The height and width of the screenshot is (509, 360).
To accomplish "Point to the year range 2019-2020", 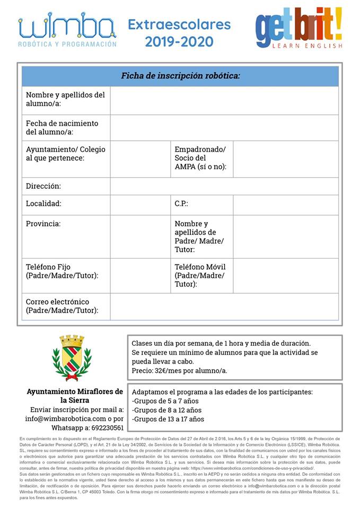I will (x=179, y=41).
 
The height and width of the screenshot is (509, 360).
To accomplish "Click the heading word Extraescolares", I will (x=179, y=24).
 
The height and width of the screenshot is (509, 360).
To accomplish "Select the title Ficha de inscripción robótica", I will (x=180, y=76).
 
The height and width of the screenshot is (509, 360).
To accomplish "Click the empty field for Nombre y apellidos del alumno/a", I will (x=224, y=100).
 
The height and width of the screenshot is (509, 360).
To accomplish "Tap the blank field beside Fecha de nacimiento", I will (x=224, y=128).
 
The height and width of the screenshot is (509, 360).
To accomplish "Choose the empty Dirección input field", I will (x=224, y=186).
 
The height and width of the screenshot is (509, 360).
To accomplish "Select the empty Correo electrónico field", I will (x=224, y=306).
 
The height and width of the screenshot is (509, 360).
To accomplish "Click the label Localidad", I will (x=43, y=204).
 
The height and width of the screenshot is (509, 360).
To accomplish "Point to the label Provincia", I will (x=43, y=224).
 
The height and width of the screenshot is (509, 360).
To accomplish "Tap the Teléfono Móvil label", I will (x=200, y=275).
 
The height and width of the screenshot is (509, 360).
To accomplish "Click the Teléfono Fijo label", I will (x=62, y=271).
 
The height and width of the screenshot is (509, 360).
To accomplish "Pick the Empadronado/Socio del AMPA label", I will (x=200, y=158).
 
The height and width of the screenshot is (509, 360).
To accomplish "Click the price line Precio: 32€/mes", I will (x=179, y=371).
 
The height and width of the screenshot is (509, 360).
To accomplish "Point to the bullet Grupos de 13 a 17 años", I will (x=168, y=419).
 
